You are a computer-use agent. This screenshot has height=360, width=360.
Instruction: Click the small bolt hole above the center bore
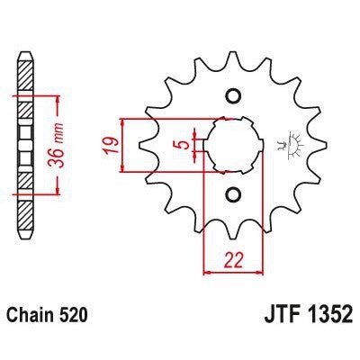point(232,96)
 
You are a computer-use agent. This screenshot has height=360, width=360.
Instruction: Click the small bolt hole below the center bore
point(232,193)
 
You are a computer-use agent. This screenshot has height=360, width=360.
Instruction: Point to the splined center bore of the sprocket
point(234,145)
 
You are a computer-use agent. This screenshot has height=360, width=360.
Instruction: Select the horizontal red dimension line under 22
point(234,270)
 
